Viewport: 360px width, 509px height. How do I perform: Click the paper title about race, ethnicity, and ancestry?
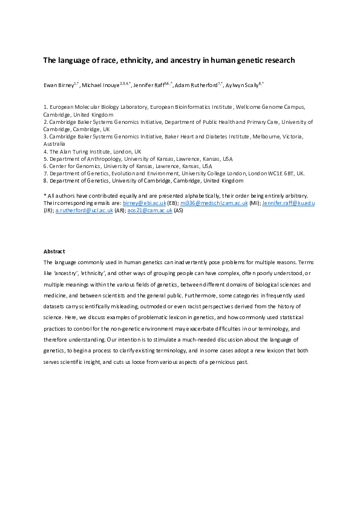[168, 60]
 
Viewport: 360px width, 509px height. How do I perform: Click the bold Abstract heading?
[54, 251]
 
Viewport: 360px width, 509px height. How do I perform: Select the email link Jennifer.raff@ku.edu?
[288, 203]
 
